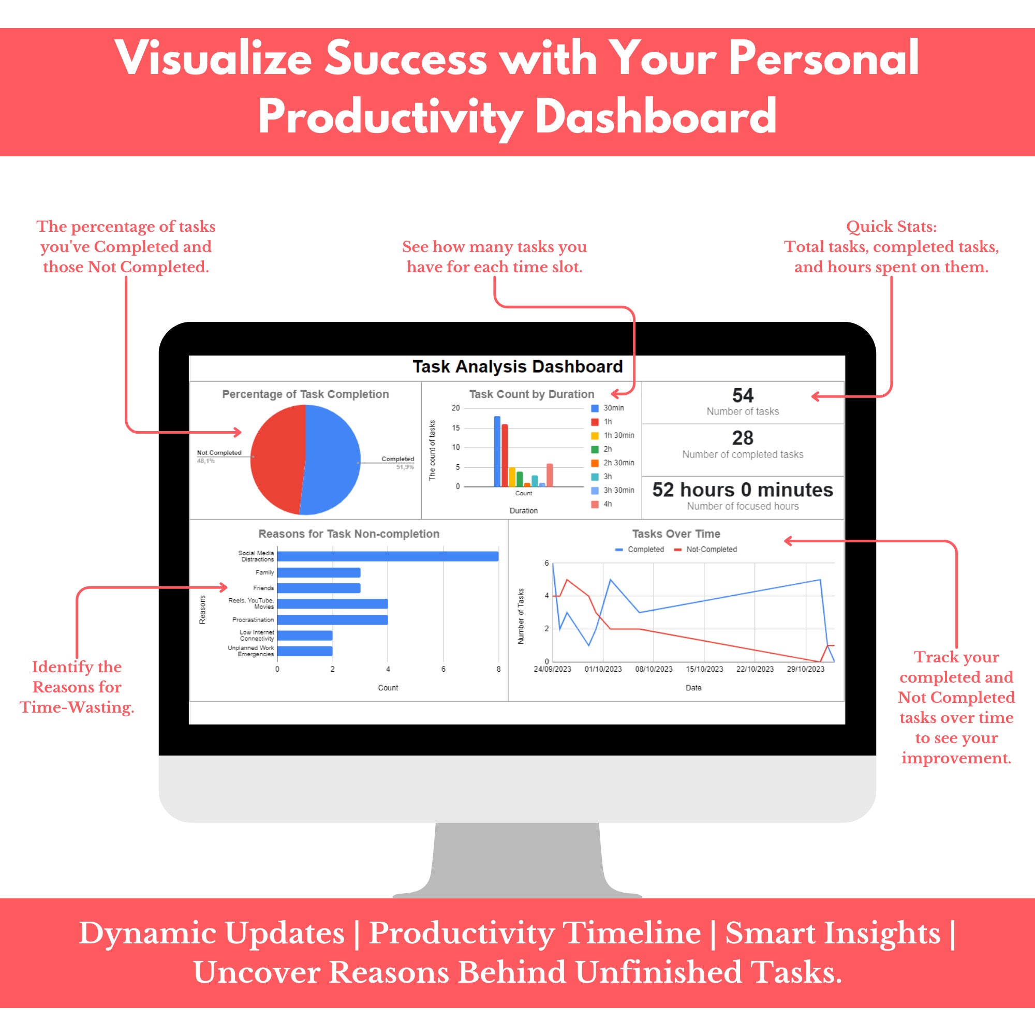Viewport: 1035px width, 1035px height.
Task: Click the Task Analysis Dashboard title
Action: (517, 367)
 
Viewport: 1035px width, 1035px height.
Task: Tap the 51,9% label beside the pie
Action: (405, 467)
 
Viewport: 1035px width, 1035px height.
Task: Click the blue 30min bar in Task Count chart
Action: (497, 452)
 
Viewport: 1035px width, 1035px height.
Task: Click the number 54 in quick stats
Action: (743, 396)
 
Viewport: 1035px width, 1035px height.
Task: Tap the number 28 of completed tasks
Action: (743, 438)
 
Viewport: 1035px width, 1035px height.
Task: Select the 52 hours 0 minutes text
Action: (743, 490)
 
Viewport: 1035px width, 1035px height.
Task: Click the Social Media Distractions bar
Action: (388, 557)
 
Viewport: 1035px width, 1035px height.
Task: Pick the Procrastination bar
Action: (332, 620)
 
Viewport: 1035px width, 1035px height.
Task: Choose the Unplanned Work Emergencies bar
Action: (305, 651)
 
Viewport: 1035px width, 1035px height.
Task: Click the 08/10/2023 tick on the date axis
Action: (654, 669)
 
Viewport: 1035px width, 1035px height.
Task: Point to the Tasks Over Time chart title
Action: (676, 534)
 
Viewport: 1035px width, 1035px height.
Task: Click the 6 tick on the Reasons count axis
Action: (443, 669)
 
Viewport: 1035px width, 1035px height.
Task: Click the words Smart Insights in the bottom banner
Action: (833, 933)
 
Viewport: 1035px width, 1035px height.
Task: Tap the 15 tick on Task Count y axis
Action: (455, 428)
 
